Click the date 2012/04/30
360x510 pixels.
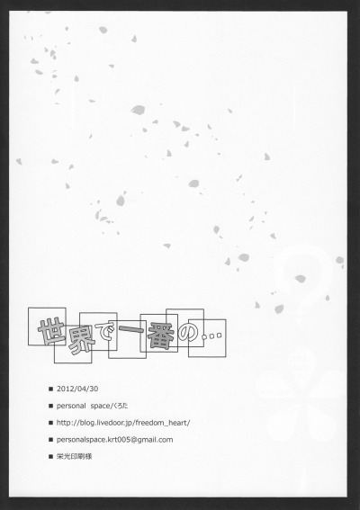[x=77, y=389]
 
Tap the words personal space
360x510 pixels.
[x=84, y=406]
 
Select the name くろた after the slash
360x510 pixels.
[x=121, y=406]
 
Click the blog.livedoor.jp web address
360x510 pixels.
[x=123, y=423]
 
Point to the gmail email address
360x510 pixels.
[x=114, y=440]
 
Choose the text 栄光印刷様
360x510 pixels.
[x=74, y=456]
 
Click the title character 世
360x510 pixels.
[x=52, y=331]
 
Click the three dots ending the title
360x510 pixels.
[x=211, y=336]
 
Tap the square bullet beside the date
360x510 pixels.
[x=50, y=389]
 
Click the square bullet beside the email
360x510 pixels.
[x=50, y=440]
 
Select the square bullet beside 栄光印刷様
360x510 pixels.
[x=50, y=457]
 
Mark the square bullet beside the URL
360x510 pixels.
[x=50, y=423]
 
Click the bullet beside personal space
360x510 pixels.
[x=50, y=406]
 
